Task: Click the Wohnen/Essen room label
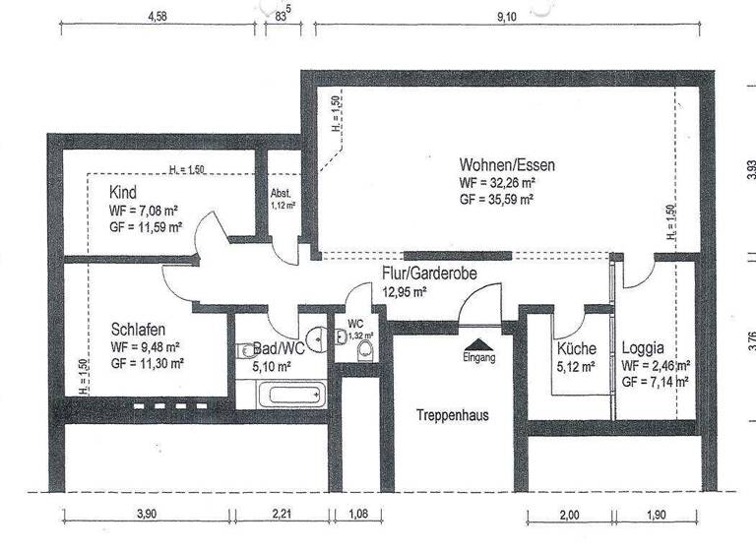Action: pos(506,165)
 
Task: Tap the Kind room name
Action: pos(123,193)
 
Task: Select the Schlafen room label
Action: pos(137,330)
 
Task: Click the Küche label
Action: pos(575,348)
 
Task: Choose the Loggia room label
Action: pos(643,348)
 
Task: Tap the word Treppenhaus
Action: pos(452,414)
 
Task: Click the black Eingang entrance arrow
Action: pos(479,343)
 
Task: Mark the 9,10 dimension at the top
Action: pos(505,17)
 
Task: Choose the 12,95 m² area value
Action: pos(404,291)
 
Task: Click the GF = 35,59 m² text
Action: pos(496,199)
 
